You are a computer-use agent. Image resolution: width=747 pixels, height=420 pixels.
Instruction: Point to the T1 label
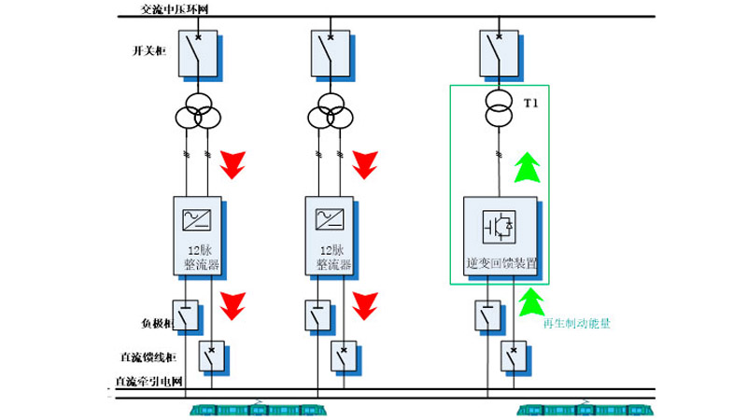(532, 102)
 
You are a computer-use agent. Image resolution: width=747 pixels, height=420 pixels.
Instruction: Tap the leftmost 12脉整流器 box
(197, 235)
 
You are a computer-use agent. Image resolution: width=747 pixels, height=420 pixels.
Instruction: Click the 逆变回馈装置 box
(500, 236)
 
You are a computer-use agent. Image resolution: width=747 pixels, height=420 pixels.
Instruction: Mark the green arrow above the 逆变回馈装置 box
(529, 169)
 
